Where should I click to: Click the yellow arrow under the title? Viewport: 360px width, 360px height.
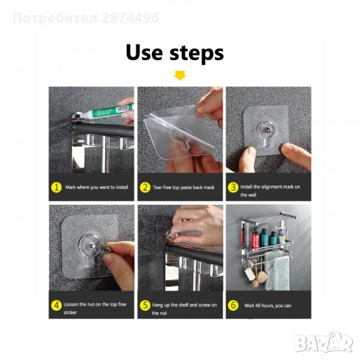tap(180, 76)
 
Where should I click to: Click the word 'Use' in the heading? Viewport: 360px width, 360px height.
tap(144, 53)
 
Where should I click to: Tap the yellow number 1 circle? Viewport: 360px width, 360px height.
tap(56, 187)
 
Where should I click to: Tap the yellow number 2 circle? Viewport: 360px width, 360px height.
tap(145, 188)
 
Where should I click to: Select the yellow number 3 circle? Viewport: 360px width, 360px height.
tap(233, 187)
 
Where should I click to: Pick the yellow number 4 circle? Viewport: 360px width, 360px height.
tap(56, 305)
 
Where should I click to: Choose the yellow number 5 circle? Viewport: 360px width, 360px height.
tap(145, 305)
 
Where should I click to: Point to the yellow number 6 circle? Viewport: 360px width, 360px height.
tap(233, 305)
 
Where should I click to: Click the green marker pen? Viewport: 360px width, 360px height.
tap(108, 112)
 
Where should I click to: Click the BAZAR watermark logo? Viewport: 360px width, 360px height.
tap(323, 343)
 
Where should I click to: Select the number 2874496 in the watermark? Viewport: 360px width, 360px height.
tap(130, 18)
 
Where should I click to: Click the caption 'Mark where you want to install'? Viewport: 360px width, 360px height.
tap(97, 187)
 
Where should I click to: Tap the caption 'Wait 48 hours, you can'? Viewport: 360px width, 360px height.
tap(268, 305)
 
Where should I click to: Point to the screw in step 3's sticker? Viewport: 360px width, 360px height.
tap(266, 130)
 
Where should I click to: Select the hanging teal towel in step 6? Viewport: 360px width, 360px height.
tap(281, 273)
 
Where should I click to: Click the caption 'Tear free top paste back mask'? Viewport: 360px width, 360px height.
tap(184, 188)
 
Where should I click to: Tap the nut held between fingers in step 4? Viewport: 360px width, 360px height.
tap(107, 250)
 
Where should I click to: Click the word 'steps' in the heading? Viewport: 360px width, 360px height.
tap(197, 54)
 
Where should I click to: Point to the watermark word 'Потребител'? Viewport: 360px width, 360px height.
tap(55, 19)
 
